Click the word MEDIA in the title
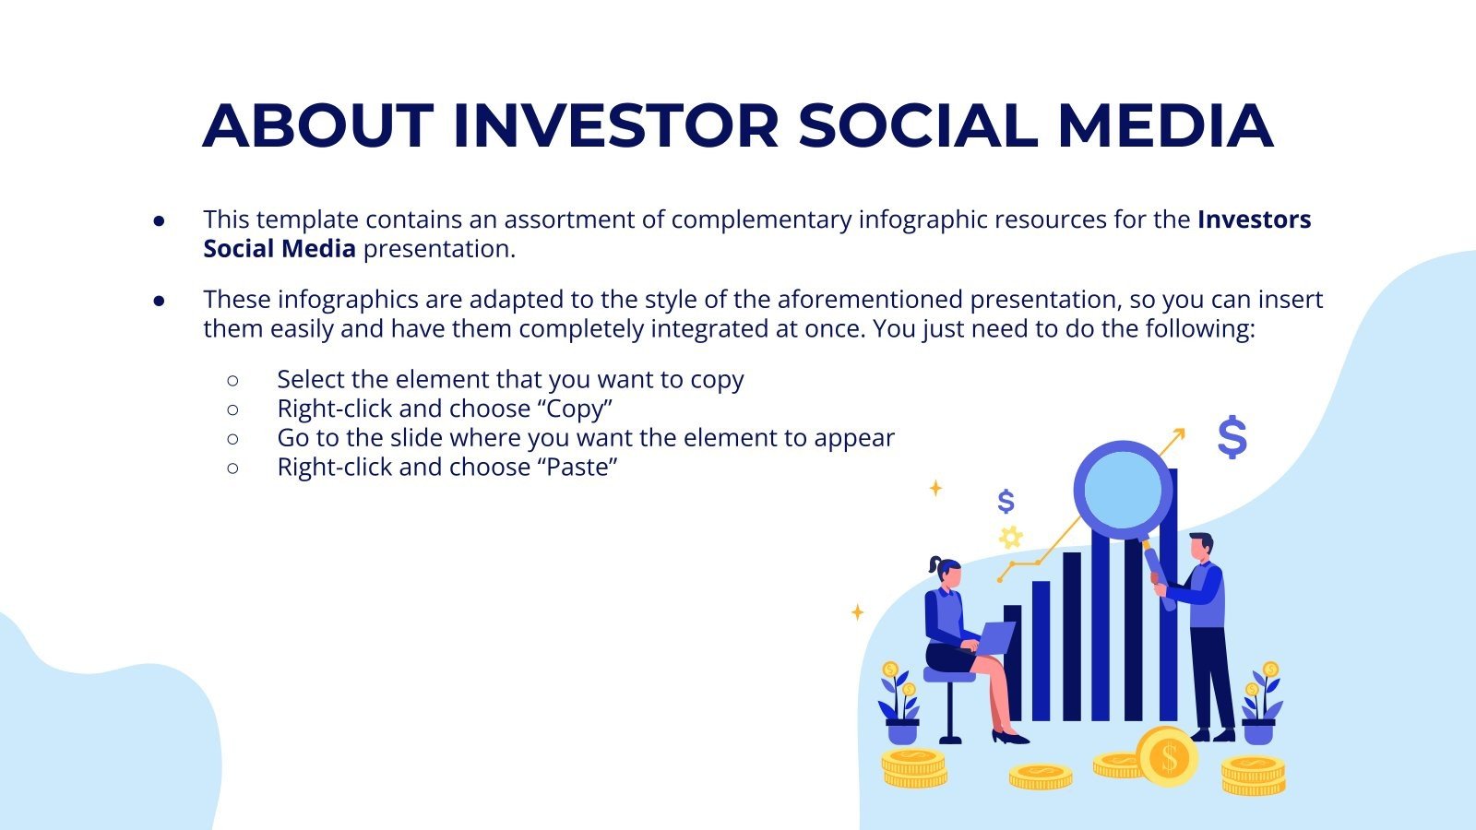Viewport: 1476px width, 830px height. click(x=1164, y=125)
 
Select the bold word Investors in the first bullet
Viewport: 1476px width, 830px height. click(x=1254, y=219)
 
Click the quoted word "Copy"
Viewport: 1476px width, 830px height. click(x=575, y=409)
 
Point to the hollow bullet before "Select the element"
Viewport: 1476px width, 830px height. click(x=232, y=380)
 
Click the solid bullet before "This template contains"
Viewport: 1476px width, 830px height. click(x=160, y=220)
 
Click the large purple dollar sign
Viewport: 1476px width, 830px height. click(x=1232, y=437)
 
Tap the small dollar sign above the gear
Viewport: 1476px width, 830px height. click(x=1006, y=502)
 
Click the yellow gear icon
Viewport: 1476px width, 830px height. click(x=1011, y=537)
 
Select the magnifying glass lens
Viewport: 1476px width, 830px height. click(x=1122, y=490)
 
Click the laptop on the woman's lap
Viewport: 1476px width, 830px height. click(x=996, y=636)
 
